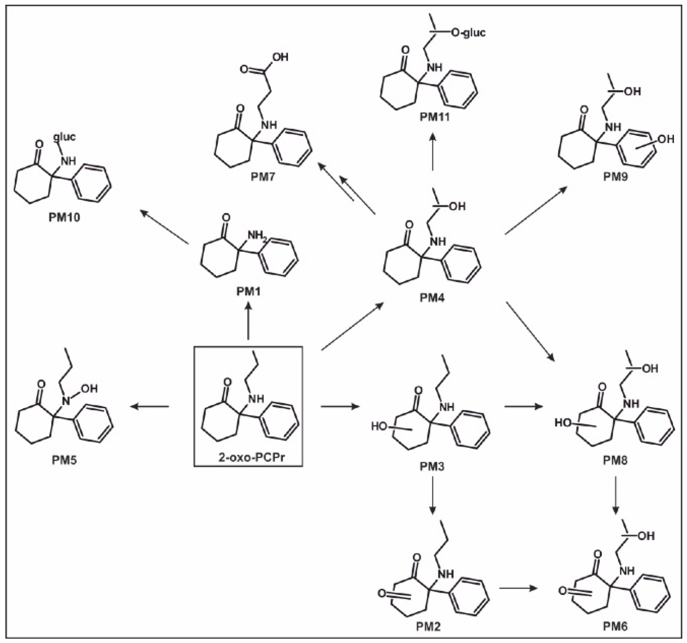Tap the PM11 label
(x=434, y=117)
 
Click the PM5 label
(x=64, y=460)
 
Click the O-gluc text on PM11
(x=469, y=33)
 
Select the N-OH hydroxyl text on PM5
(x=89, y=389)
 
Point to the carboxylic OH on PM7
(x=280, y=57)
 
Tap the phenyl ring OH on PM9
(x=666, y=139)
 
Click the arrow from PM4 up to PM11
(x=433, y=152)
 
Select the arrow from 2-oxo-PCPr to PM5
(x=150, y=407)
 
